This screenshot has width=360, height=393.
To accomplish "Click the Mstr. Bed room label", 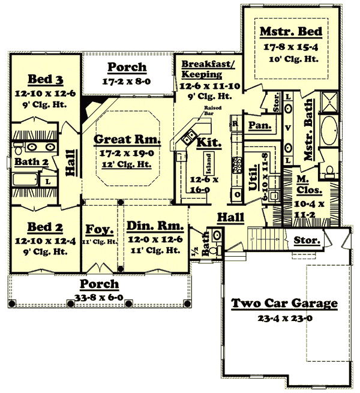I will (x=291, y=31).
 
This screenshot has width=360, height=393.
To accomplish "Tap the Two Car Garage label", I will (x=284, y=304).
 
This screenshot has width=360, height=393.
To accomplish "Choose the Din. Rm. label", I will (x=152, y=227).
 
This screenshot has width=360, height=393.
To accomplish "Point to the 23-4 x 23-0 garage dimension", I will (x=284, y=318).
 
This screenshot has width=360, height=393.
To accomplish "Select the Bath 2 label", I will (x=27, y=161).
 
